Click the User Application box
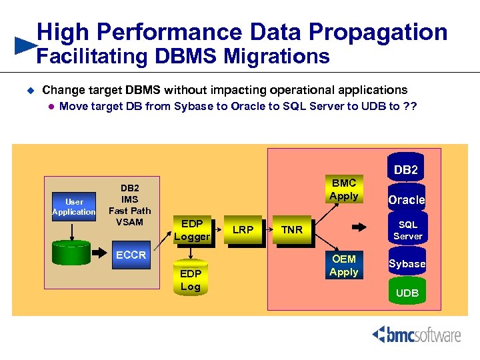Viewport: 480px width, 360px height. click(x=74, y=207)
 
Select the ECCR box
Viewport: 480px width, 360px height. click(x=131, y=255)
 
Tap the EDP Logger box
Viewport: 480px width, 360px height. click(x=192, y=230)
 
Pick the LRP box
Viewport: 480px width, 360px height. click(x=243, y=230)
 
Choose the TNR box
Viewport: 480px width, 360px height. click(x=291, y=230)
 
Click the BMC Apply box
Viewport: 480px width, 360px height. click(x=343, y=189)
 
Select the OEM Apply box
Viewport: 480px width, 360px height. click(x=344, y=265)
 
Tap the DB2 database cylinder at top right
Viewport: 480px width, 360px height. click(x=406, y=170)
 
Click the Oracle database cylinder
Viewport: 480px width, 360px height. click(x=406, y=199)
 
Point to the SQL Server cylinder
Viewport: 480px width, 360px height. click(x=407, y=230)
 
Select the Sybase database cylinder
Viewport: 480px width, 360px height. click(x=407, y=263)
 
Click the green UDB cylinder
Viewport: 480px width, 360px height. click(x=407, y=293)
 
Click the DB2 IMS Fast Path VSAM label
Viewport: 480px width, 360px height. click(x=129, y=205)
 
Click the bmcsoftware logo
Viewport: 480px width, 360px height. click(x=416, y=335)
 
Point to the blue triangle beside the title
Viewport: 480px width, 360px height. click(x=25, y=45)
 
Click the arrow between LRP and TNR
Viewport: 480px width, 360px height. click(x=265, y=230)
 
